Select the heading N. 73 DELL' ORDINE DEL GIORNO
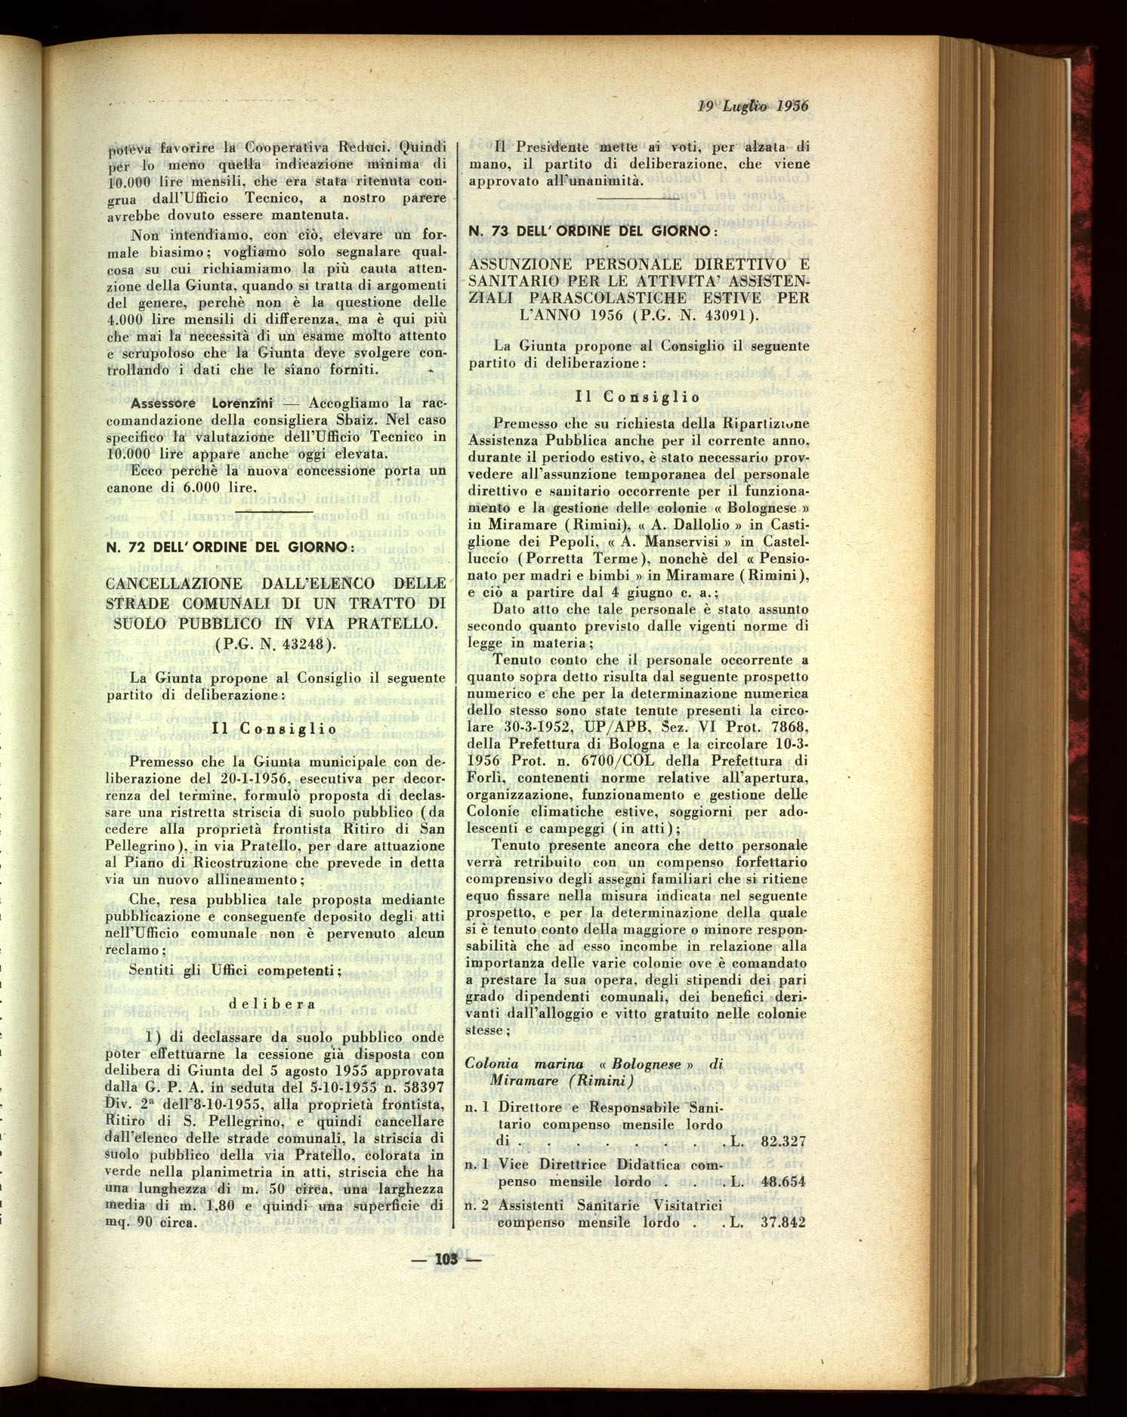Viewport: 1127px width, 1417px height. click(591, 230)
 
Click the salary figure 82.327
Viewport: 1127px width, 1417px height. click(783, 1141)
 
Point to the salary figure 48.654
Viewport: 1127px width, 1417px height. click(783, 1182)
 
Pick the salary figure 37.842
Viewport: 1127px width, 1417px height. click(783, 1223)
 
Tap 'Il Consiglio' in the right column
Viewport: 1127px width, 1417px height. click(638, 397)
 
